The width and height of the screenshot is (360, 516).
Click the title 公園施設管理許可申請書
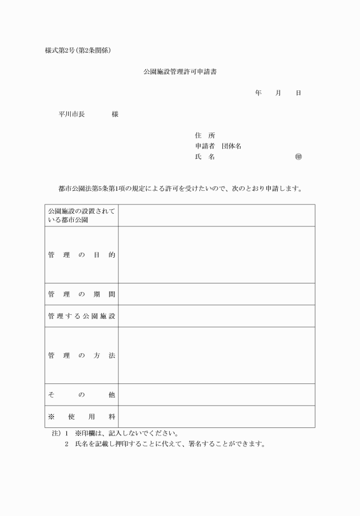point(180,73)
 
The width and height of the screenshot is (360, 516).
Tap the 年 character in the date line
point(258,93)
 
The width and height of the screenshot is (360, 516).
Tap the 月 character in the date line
point(278,93)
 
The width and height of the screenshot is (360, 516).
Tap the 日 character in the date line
point(298,93)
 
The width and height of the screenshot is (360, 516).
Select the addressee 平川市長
point(71,114)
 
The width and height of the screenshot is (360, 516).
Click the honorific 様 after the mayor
point(115,114)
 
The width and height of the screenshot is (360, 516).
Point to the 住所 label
point(205,135)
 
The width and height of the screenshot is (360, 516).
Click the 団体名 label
point(231,146)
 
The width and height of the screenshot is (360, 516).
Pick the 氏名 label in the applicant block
point(205,157)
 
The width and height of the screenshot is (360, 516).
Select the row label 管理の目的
point(82,255)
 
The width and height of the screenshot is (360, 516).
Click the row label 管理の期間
point(82,294)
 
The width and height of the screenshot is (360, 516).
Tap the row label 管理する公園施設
point(82,316)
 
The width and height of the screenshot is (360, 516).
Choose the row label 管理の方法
point(82,355)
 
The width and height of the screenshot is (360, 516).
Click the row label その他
point(82,395)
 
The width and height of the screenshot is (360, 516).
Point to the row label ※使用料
point(82,417)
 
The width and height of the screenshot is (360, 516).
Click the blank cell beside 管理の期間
point(217,294)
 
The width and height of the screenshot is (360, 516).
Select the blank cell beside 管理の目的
point(217,255)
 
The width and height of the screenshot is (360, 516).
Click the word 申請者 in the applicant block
point(205,146)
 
